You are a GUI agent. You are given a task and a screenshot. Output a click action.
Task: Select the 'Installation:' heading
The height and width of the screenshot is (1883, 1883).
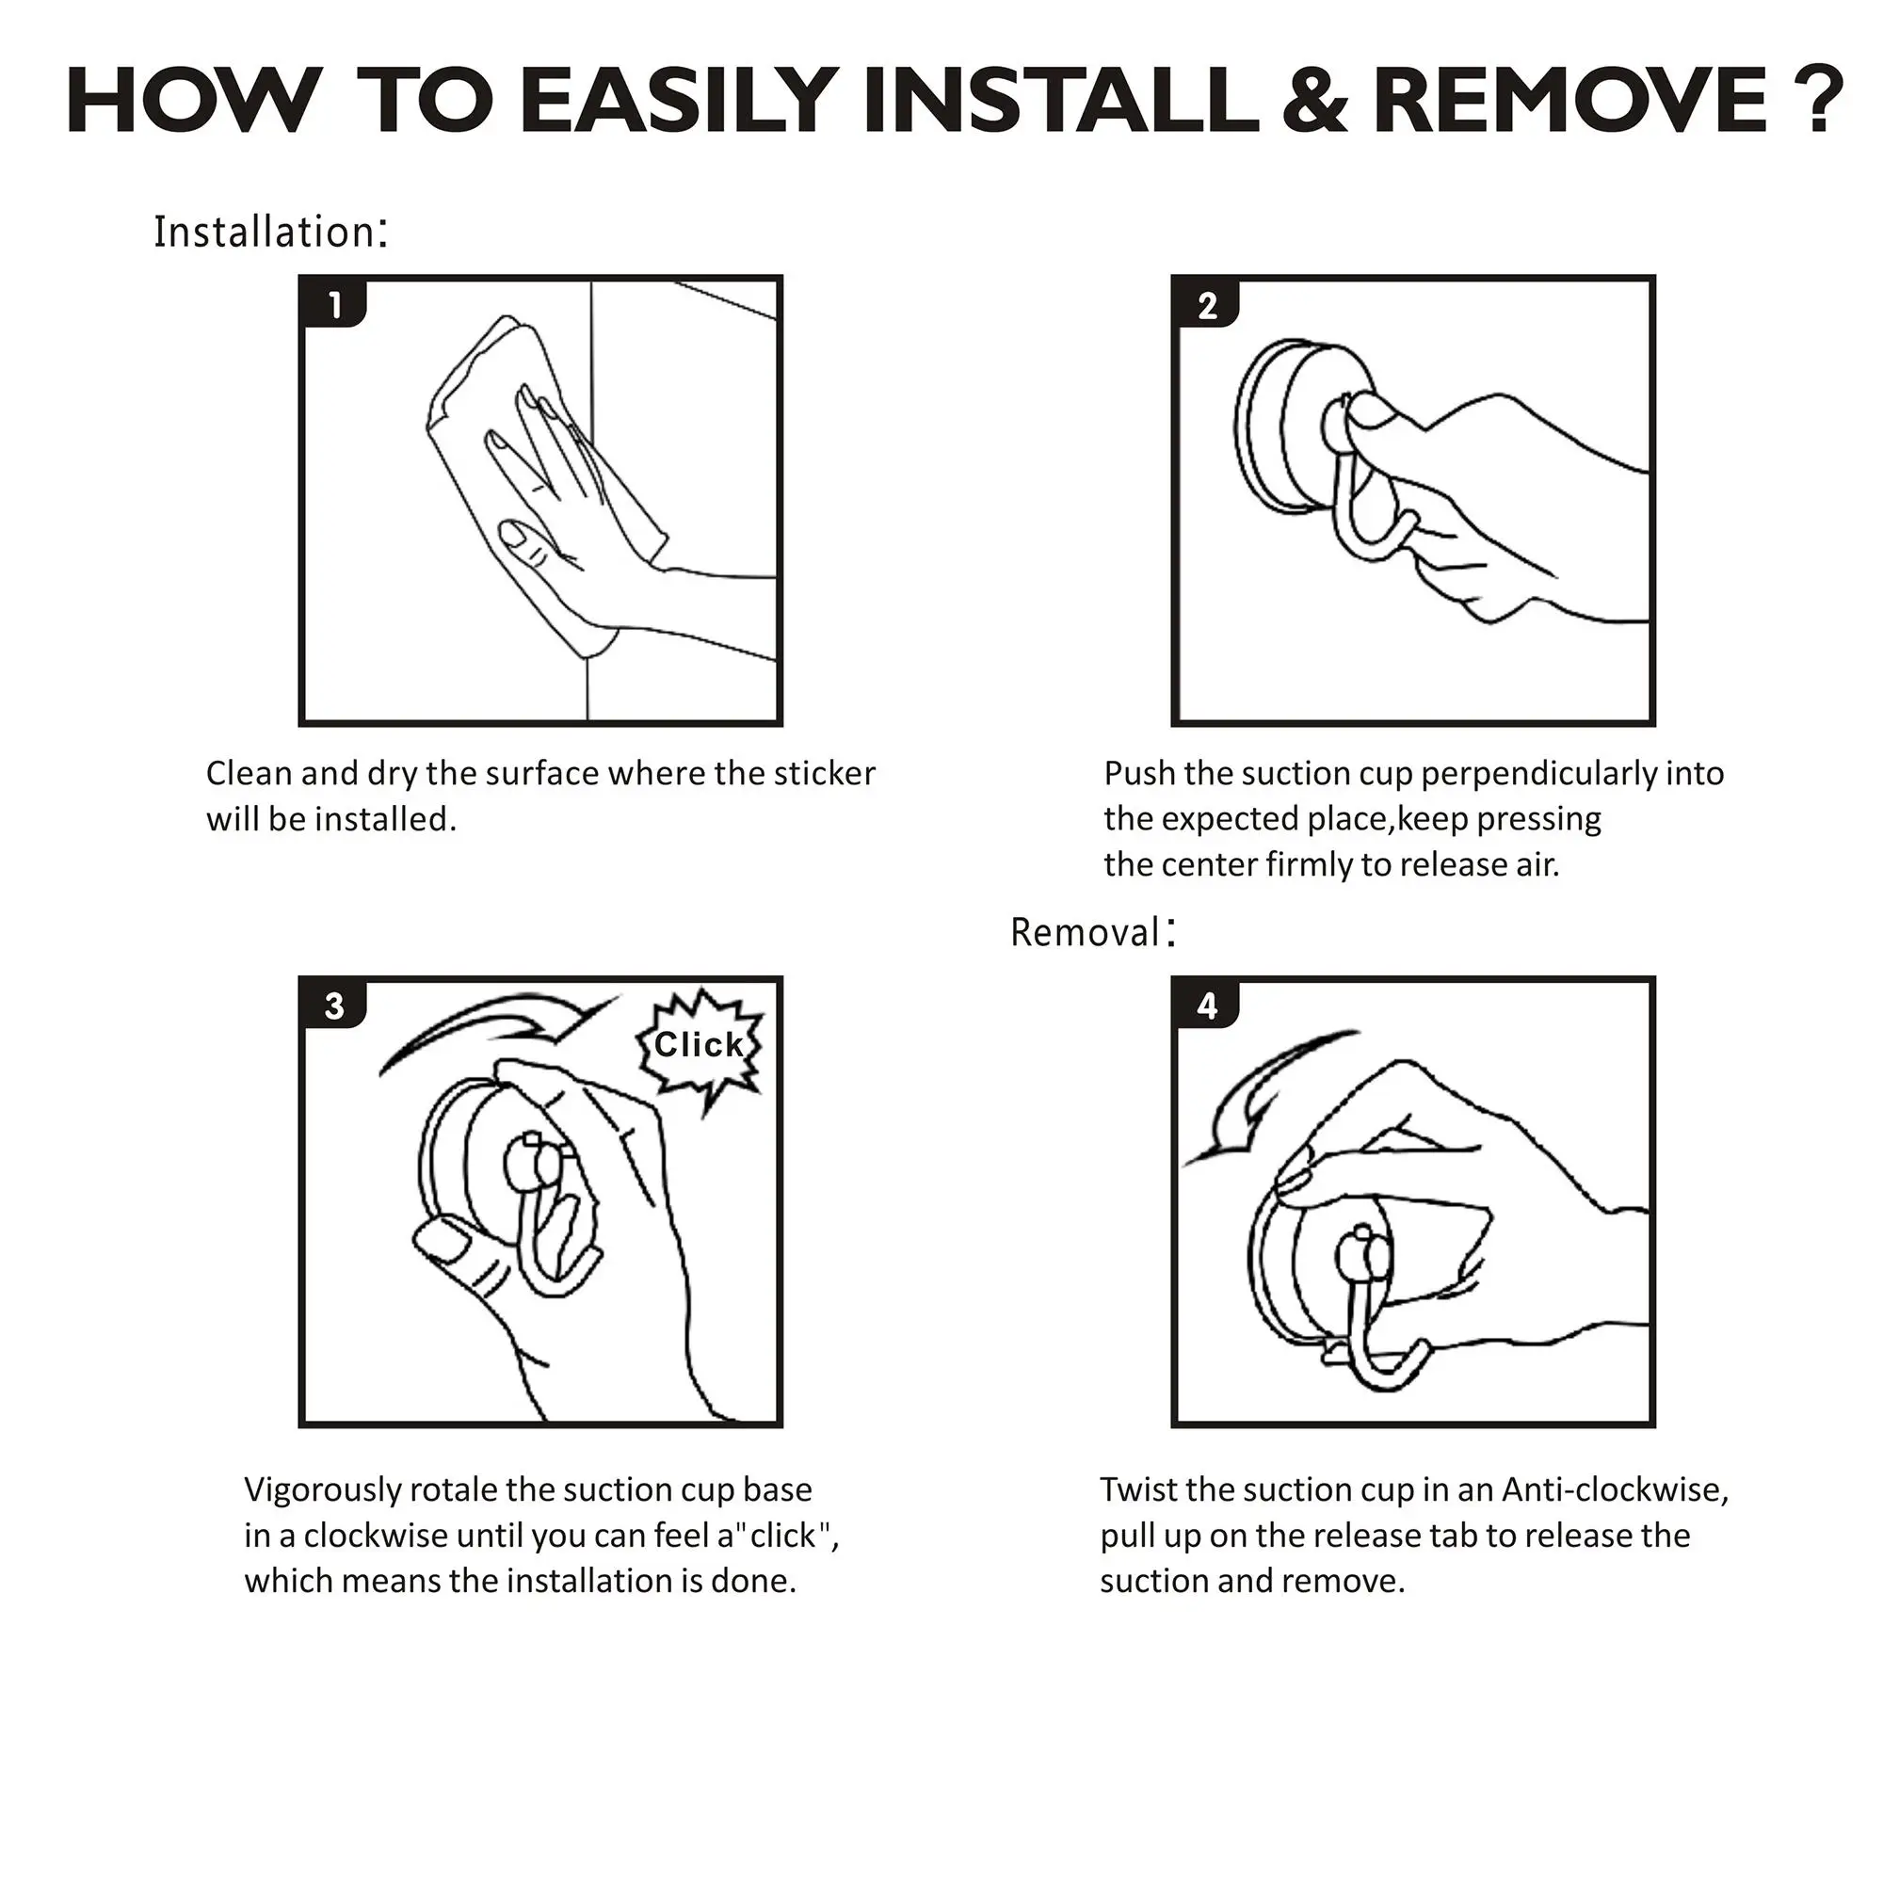pos(271,232)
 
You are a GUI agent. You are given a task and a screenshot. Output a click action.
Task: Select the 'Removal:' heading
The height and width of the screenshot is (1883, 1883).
pos(1093,932)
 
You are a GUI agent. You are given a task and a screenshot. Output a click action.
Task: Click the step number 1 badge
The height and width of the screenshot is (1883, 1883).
pos(334,305)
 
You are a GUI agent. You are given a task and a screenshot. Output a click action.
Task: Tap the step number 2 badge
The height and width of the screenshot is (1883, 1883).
pos(1208,305)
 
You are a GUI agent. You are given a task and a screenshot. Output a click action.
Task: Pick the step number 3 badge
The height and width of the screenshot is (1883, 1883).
pos(334,1005)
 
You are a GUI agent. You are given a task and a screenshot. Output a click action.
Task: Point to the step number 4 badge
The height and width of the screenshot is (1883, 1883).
pos(1208,1005)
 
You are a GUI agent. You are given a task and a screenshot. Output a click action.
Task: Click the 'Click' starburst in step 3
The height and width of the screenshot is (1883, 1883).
pos(699,1048)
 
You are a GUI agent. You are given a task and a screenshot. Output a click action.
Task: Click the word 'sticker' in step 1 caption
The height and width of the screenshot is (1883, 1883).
pos(824,774)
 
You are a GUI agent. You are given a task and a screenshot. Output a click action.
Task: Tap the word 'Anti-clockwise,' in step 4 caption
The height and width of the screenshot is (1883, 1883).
pos(1615,1491)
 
